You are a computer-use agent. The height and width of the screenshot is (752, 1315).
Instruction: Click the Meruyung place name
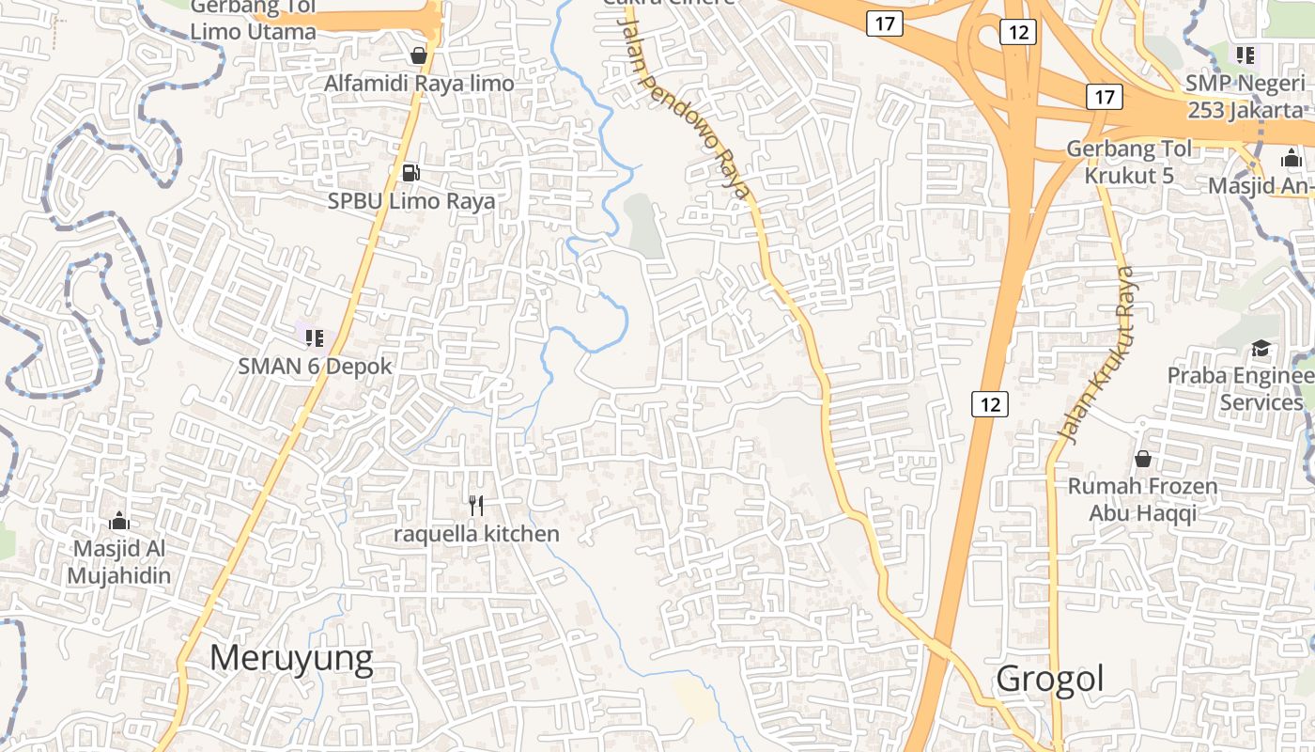[x=291, y=658]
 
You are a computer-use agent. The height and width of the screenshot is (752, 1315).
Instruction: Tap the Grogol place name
[x=1050, y=678]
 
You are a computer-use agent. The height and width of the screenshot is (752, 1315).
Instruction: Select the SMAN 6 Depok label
[x=315, y=367]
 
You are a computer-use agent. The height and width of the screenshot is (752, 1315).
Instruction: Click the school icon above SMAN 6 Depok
[x=315, y=337]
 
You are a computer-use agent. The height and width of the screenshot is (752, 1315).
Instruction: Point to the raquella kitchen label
[x=476, y=535]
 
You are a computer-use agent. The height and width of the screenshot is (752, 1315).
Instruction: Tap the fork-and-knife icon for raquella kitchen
[x=476, y=506]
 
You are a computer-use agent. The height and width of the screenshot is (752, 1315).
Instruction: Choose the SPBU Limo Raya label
[x=411, y=201]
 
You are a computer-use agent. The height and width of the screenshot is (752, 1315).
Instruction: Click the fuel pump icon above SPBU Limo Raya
[x=410, y=172]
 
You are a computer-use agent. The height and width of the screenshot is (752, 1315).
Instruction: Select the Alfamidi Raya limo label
[x=419, y=84]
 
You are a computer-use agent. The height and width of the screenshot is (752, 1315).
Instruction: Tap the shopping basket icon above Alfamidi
[x=419, y=55]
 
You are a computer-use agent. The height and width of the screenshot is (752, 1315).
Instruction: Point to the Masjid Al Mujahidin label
[x=119, y=562]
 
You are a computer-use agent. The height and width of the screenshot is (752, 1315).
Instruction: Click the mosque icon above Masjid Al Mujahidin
[x=119, y=521]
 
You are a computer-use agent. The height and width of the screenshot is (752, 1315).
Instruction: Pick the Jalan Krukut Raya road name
[x=1097, y=355]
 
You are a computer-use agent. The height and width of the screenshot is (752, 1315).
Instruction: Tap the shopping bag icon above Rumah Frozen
[x=1143, y=459]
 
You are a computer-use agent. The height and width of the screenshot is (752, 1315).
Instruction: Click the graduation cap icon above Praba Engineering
[x=1261, y=349]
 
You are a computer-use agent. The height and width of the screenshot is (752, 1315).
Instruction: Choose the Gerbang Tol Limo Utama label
[x=253, y=20]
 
